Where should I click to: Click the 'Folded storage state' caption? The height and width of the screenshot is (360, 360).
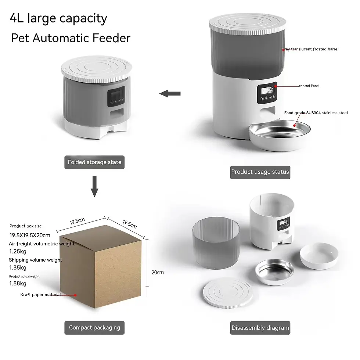tap(94, 162)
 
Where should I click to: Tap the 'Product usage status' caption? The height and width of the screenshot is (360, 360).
tap(260, 172)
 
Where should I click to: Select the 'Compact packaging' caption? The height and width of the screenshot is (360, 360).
tap(94, 328)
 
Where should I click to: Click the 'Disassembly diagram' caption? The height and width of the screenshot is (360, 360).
tap(260, 328)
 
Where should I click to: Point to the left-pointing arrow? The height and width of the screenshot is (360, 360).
tap(170, 94)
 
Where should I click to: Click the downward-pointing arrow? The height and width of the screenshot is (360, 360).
tap(94, 186)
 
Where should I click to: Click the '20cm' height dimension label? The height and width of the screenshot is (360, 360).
tap(158, 272)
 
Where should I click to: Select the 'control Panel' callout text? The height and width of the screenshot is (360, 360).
tap(309, 86)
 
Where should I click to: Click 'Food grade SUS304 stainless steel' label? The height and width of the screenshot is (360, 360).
tap(316, 113)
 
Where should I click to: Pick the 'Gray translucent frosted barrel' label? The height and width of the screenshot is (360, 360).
tap(310, 49)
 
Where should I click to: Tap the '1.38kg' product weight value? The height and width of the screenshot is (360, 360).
tap(18, 283)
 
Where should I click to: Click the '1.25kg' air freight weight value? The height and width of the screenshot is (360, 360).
tap(18, 252)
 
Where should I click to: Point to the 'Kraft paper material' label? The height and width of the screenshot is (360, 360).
tap(40, 295)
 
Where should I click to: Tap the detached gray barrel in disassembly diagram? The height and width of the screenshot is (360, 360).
tap(216, 242)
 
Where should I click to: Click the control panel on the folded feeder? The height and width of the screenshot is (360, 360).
tap(116, 97)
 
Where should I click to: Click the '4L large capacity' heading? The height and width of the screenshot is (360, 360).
tap(59, 18)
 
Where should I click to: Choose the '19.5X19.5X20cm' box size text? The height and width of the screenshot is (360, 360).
tap(30, 235)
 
